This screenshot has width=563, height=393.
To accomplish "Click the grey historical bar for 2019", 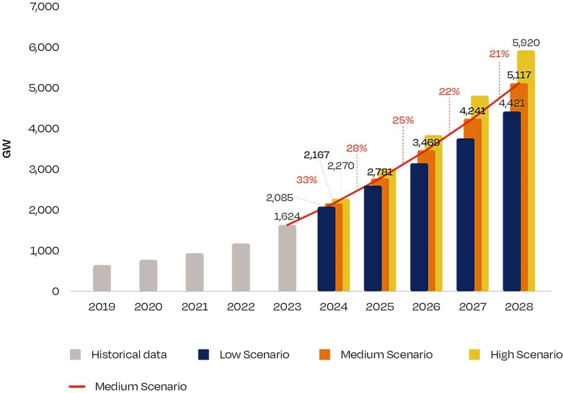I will click(102, 278).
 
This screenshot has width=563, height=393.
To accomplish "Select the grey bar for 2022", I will click(241, 267).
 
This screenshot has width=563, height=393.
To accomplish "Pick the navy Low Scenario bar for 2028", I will click(511, 202).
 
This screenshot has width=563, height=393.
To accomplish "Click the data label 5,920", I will click(526, 42).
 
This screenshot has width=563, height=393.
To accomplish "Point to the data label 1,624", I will click(287, 217).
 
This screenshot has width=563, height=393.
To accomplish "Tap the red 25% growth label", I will click(402, 120).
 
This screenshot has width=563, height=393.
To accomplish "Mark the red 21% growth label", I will click(499, 54).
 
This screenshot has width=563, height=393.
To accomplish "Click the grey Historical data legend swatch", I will click(76, 355).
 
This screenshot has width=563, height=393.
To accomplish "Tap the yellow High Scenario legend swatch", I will click(474, 355).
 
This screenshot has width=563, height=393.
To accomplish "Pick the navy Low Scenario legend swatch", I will click(204, 355).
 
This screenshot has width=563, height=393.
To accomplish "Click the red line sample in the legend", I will click(77, 386).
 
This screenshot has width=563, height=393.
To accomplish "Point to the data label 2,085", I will click(279, 197).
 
